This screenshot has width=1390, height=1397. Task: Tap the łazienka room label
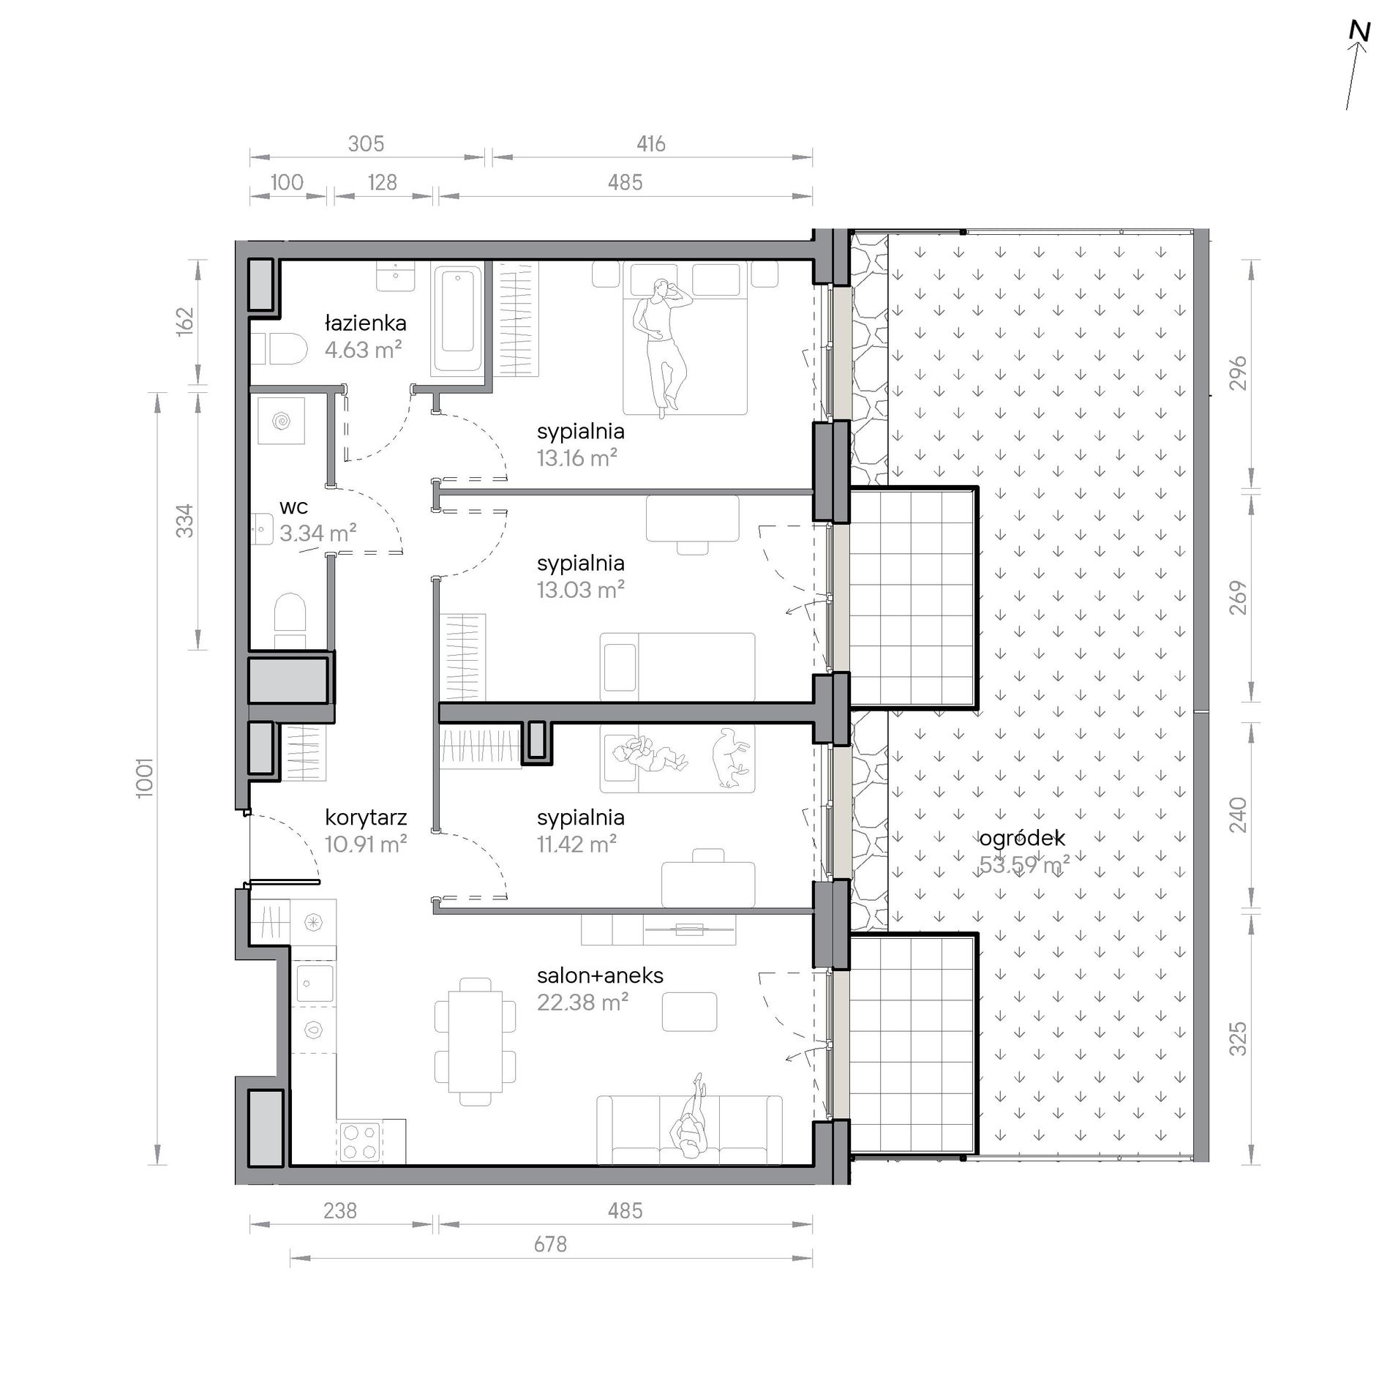pyautogui.click(x=365, y=323)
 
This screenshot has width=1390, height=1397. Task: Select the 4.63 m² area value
pyautogui.click(x=363, y=349)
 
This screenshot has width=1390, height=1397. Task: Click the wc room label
pyautogui.click(x=293, y=506)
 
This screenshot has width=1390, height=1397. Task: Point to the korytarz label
pyautogui.click(x=365, y=818)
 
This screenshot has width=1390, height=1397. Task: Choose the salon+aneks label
pyautogui.click(x=600, y=975)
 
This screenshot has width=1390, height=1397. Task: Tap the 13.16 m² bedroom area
pyautogui.click(x=576, y=458)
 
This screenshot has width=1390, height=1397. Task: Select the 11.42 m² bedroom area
pyautogui.click(x=576, y=844)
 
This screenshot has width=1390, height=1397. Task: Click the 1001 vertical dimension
pyautogui.click(x=145, y=777)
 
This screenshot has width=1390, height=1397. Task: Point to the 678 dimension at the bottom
pyautogui.click(x=550, y=1244)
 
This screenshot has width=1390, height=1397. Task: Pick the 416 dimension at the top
pyautogui.click(x=650, y=143)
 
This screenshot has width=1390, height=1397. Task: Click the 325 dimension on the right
pyautogui.click(x=1237, y=1039)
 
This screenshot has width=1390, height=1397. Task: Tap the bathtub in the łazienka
pyautogui.click(x=458, y=320)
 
